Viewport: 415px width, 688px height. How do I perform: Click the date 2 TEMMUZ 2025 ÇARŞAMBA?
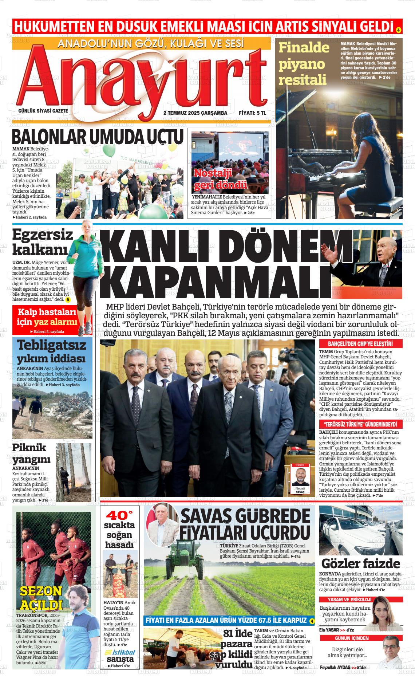[195, 113]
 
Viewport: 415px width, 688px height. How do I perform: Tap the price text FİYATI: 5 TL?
[252, 113]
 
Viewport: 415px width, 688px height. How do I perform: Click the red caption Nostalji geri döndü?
[220, 179]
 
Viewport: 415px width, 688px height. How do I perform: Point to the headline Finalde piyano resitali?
[304, 63]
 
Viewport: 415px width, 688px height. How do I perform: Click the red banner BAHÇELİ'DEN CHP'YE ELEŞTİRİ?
[360, 344]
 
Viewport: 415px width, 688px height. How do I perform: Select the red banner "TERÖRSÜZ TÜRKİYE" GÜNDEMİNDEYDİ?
[360, 424]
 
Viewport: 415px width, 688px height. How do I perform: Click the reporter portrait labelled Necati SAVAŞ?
[300, 479]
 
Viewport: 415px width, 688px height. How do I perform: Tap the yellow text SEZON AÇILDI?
[41, 598]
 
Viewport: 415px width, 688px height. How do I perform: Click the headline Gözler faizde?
[360, 563]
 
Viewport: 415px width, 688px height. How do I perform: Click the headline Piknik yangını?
[31, 453]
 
